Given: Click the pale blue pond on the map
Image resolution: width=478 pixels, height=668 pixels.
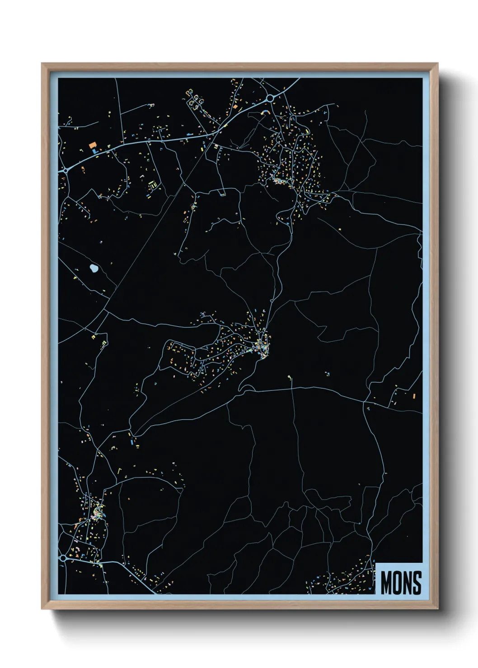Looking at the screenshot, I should (94, 269).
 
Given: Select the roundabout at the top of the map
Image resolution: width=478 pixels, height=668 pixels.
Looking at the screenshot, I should (270, 97).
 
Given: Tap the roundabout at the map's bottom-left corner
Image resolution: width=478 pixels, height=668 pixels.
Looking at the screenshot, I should (63, 558).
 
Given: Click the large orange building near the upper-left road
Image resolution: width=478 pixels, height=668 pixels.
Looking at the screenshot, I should (93, 145).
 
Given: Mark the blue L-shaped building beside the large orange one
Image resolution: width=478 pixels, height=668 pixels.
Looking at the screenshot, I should (94, 151).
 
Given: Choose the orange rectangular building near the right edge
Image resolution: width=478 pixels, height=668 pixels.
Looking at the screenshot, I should (414, 396).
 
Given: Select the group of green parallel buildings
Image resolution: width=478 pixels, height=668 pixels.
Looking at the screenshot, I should (153, 185).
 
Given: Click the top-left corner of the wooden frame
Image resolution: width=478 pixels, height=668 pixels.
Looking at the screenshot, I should (42, 64).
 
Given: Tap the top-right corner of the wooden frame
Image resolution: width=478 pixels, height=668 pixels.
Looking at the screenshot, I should (437, 64).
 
